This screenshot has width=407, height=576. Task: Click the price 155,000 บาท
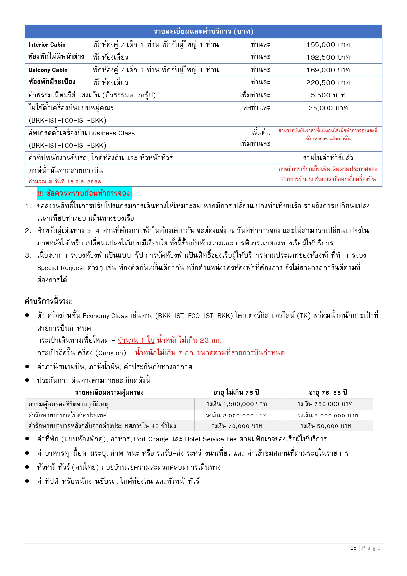(328, 45)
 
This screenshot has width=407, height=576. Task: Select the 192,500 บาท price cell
(328, 57)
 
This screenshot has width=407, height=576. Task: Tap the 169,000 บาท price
(328, 70)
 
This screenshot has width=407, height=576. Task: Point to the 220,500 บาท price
(328, 83)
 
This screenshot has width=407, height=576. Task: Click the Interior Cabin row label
(47, 45)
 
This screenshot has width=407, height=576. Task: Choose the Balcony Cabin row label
(48, 70)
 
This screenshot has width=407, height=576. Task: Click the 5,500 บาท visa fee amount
(328, 95)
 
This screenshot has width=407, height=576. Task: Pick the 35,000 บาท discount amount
(328, 108)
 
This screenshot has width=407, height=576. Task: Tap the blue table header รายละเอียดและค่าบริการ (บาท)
(203, 32)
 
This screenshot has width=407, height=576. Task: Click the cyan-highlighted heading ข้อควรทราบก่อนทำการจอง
(85, 193)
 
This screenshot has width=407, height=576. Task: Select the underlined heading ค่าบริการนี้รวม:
(49, 301)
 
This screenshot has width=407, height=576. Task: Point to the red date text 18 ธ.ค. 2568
(84, 182)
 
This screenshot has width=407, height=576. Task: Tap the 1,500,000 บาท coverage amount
(236, 404)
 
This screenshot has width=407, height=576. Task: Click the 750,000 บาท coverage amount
(325, 404)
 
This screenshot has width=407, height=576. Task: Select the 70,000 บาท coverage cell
(237, 426)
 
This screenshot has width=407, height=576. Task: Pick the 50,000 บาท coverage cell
(326, 426)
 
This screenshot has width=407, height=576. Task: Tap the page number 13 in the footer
(353, 548)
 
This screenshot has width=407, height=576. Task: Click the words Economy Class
(105, 316)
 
